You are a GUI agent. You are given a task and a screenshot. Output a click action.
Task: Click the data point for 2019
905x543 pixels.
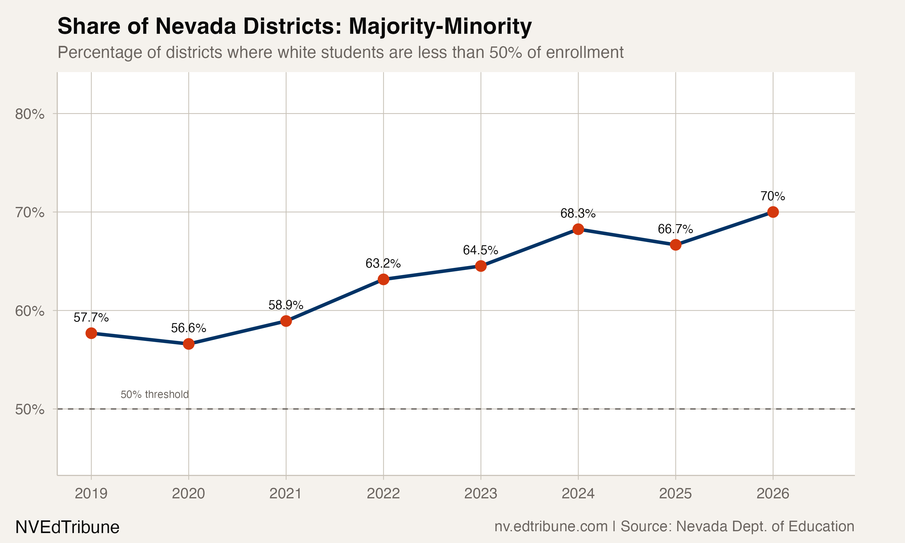91,333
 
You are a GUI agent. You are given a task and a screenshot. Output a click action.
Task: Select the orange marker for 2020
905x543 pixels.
188,344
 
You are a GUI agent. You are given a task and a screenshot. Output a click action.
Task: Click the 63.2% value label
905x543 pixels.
383,263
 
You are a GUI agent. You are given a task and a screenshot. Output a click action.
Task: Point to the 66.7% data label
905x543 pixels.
675,229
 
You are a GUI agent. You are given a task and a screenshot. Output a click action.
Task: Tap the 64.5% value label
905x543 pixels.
480,250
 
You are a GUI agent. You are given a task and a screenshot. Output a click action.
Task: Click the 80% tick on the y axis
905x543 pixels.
30,114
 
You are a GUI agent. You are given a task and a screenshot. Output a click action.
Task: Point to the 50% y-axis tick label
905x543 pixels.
30,409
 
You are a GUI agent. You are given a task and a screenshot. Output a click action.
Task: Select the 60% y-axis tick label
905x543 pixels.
30,311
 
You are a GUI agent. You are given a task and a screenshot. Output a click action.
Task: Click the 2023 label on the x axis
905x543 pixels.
480,494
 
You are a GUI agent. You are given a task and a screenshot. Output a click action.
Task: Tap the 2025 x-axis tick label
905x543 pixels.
675,494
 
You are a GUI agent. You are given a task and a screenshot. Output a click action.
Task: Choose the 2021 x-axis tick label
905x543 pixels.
286,494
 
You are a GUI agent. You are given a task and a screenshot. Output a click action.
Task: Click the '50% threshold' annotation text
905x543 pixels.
154,395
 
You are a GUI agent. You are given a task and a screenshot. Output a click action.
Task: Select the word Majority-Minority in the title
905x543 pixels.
440,26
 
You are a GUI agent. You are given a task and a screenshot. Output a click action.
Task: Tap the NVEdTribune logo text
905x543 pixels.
67,527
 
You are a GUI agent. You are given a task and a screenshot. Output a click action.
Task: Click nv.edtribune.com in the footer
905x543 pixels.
551,526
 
